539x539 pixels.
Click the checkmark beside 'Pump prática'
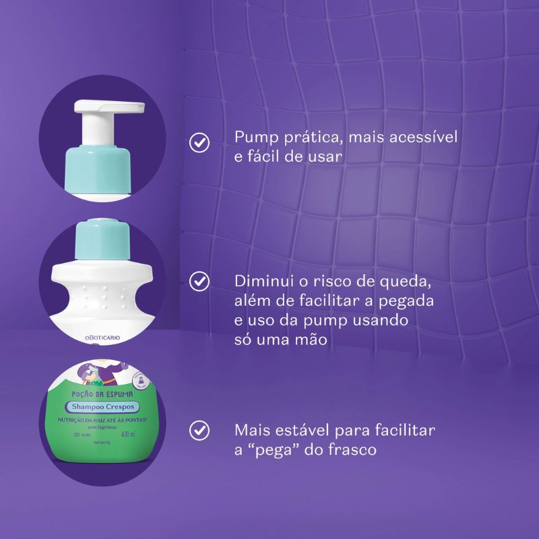[199, 142]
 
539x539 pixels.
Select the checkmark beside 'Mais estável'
[199, 430]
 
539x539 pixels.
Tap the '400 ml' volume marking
[127, 434]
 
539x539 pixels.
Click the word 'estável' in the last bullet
[301, 429]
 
